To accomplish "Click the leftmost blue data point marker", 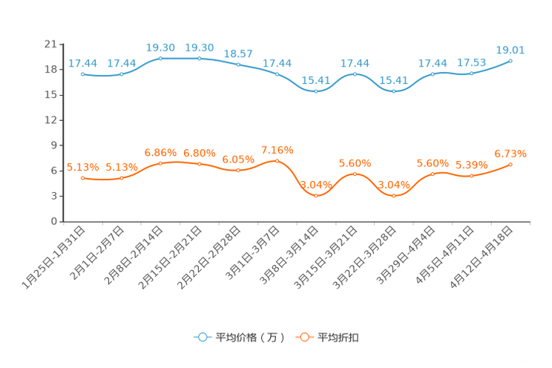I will (x=82, y=73).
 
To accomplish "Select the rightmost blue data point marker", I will (x=510, y=61).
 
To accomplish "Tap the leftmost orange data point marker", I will (x=82, y=177).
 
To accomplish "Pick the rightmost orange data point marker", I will (x=510, y=164).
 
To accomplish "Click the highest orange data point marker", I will (x=277, y=160).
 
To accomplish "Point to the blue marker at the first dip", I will (x=316, y=91).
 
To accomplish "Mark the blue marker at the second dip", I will (x=393, y=91).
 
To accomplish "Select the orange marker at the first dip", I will (x=316, y=196).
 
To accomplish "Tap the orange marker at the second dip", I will (x=393, y=196).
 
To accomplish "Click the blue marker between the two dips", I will (x=355, y=73).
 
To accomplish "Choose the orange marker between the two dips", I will (x=355, y=174).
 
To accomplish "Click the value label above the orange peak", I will (x=277, y=150).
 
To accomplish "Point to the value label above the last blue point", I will (x=510, y=50).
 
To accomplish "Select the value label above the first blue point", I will (x=82, y=63).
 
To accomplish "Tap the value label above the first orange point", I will (x=82, y=166).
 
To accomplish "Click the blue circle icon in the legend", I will (x=202, y=337).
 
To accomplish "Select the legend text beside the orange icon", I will (x=338, y=338).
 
